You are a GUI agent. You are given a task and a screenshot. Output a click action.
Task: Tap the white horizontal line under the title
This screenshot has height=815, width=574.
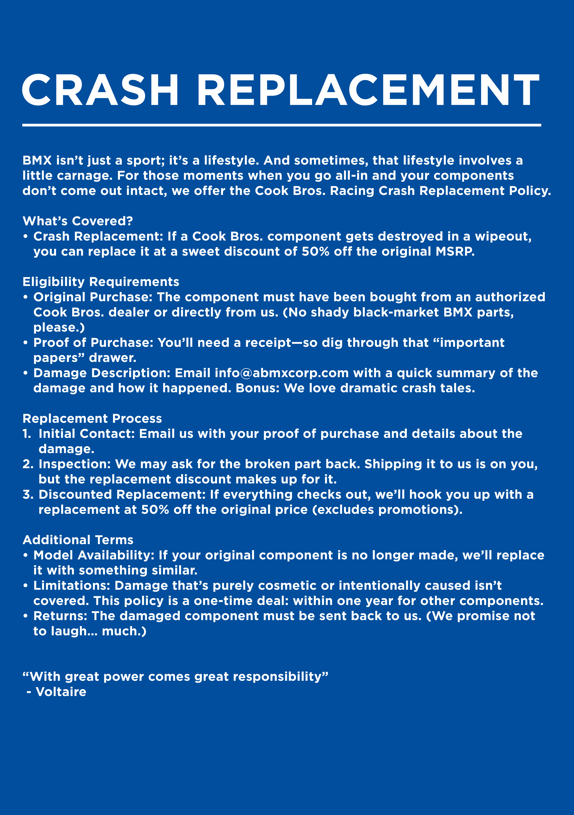click(281, 125)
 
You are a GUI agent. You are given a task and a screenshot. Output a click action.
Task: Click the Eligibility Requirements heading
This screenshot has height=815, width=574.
click(101, 282)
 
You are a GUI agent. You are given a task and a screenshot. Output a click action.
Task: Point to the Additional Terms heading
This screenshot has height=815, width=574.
click(78, 540)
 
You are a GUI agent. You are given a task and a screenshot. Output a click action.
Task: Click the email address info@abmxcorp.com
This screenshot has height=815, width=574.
click(281, 373)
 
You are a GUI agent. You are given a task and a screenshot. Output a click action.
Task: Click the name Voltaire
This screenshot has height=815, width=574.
click(61, 692)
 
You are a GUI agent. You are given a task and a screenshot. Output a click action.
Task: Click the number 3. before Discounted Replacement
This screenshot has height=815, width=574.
click(28, 495)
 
